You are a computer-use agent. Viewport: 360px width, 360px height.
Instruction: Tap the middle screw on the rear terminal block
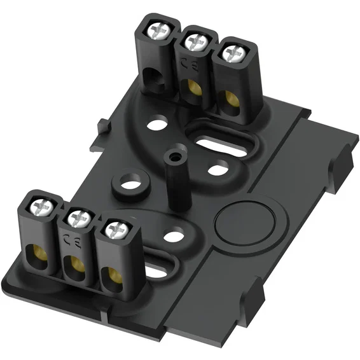(x=197, y=41)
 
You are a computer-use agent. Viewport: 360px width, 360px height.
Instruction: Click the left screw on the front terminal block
(x=42, y=207)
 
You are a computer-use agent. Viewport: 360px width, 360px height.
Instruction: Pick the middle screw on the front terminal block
(x=80, y=219)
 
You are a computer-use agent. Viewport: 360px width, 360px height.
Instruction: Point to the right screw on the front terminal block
(x=116, y=230)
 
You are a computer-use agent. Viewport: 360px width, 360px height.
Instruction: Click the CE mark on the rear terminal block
(x=189, y=64)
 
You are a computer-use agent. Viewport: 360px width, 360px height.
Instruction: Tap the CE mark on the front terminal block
(x=73, y=241)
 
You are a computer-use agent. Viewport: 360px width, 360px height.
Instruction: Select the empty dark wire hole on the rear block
(x=154, y=79)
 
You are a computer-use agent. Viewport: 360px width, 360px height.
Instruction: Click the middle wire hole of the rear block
(x=191, y=90)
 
